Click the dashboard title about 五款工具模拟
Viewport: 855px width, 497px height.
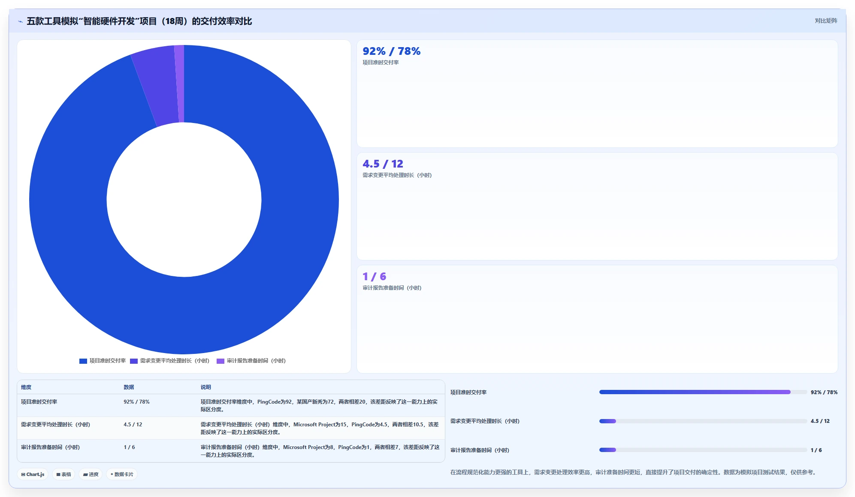coord(139,21)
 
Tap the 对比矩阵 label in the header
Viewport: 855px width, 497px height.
coord(826,21)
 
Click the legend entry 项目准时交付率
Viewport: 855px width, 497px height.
coord(103,361)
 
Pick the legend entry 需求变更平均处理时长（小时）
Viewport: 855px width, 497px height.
coord(169,361)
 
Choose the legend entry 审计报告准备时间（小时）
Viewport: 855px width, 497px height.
coord(251,361)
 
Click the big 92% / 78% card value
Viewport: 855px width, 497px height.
coord(391,51)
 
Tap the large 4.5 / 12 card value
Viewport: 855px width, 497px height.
coord(383,164)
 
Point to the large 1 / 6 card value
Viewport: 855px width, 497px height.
coord(374,277)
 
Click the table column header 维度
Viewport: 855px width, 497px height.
coord(26,387)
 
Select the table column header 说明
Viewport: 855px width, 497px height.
coord(206,387)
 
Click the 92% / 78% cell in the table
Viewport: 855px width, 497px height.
coord(136,402)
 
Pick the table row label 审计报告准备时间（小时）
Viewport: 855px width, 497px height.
coord(51,447)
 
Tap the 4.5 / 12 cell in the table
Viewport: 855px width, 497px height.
coord(133,425)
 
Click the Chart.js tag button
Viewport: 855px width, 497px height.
coord(33,474)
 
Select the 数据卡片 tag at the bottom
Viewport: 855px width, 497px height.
coord(122,474)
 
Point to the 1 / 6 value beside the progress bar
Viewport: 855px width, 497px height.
coord(816,450)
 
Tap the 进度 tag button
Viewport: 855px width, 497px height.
coord(91,474)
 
